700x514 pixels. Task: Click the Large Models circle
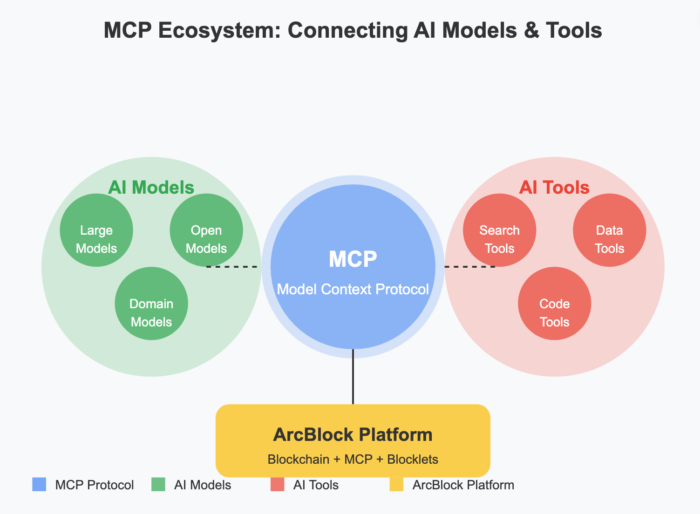pos(96,230)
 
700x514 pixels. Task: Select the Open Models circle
pos(206,230)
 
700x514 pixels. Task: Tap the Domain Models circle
pos(151,304)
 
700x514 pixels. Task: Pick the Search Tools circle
pos(500,230)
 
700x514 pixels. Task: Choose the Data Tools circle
pos(609,230)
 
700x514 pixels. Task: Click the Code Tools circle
pos(554,304)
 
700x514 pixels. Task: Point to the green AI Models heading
pos(151,187)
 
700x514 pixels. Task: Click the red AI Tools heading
pos(554,187)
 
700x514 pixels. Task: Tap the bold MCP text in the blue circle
pos(353,259)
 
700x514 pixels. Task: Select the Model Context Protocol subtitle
pos(353,289)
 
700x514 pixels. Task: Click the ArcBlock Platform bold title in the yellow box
pos(353,434)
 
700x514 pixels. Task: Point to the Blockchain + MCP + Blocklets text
pos(353,460)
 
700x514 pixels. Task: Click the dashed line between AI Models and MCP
pos(232,267)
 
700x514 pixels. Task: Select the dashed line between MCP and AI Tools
pos(469,267)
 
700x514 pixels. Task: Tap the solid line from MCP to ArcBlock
pos(353,377)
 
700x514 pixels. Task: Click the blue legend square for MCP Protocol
pos(39,485)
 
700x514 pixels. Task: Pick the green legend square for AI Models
pos(158,485)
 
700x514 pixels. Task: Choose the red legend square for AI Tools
pos(278,485)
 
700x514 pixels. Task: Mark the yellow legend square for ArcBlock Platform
pos(397,485)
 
